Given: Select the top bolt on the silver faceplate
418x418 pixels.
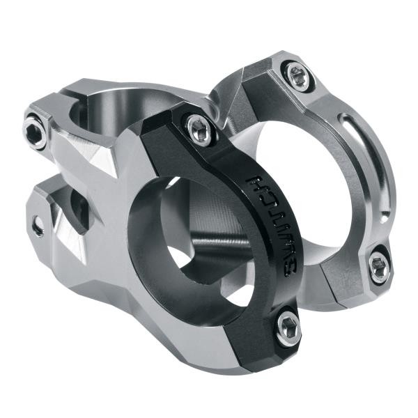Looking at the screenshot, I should coord(297,75).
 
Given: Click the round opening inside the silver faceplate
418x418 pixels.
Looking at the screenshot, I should coord(307,181).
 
